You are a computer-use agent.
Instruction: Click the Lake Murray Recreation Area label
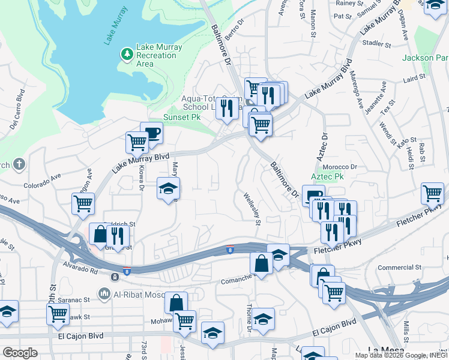157,55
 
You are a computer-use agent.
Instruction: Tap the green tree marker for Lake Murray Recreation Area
127,55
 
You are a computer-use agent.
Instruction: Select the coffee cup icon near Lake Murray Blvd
152,133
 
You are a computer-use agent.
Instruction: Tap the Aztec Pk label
327,177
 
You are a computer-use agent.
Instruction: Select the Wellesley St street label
252,208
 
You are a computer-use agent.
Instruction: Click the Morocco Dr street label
340,167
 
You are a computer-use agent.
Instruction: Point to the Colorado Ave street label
43,181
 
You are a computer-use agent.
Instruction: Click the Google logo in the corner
20,353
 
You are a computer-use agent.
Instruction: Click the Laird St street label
414,78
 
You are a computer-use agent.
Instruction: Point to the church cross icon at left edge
19,164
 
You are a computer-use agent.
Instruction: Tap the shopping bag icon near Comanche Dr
261,262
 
